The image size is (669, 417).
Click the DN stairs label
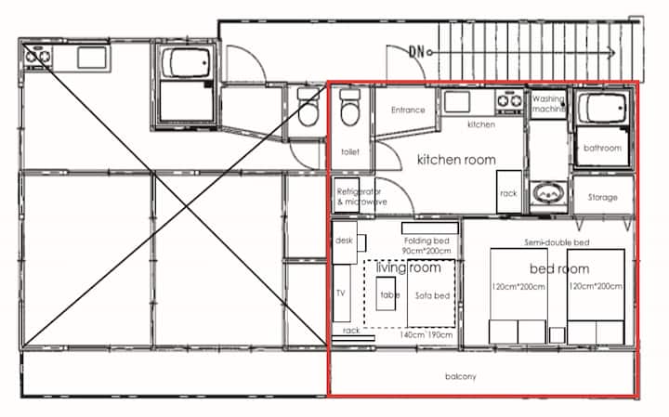(416, 52)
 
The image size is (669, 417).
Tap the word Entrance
(408, 110)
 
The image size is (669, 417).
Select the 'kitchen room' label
(456, 160)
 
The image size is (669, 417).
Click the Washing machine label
(549, 104)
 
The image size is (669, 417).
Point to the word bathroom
(602, 148)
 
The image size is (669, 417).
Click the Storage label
(602, 197)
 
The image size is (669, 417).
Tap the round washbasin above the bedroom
(548, 194)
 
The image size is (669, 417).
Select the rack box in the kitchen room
(509, 191)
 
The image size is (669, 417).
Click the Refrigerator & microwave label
(361, 197)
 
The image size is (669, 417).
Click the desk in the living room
(345, 242)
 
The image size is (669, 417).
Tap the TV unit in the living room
(342, 293)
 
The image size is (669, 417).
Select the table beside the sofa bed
(386, 293)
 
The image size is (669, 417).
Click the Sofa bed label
(432, 295)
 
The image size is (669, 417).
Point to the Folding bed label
(426, 245)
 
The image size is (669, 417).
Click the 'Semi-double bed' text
(557, 242)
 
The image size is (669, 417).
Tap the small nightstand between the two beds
(557, 334)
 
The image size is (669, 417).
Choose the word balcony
(460, 376)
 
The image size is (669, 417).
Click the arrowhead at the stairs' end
(611, 53)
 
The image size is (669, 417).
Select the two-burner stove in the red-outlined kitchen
(509, 101)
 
